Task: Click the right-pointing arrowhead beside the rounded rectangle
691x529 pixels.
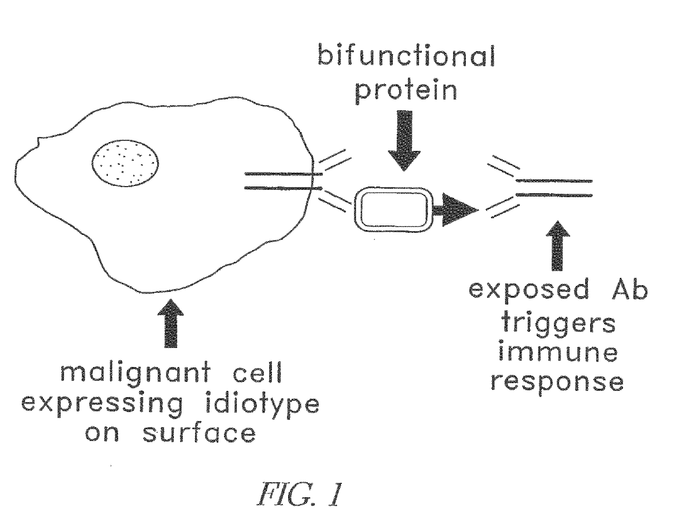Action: [460, 209]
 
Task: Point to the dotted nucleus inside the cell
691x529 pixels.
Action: [125, 162]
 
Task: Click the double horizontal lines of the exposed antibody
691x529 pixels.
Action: [554, 188]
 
